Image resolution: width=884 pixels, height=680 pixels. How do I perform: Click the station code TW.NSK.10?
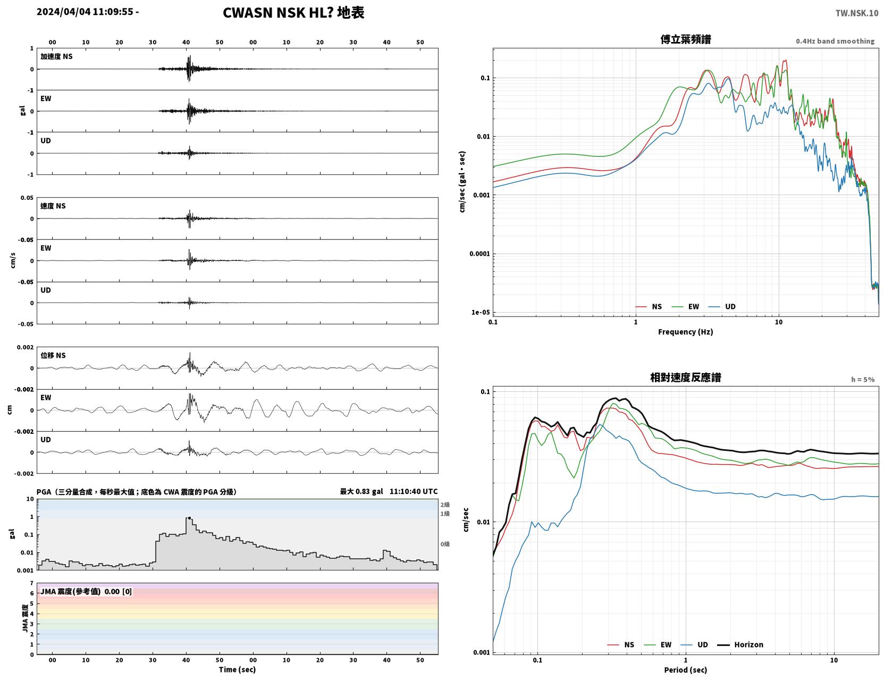(x=857, y=13)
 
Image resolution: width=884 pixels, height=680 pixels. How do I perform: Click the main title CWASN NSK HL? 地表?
(x=293, y=13)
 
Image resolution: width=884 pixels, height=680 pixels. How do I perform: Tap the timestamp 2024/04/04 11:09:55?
(x=85, y=11)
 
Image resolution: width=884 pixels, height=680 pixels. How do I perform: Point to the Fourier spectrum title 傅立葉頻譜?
(x=686, y=39)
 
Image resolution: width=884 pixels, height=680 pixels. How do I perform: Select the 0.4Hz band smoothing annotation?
(x=835, y=41)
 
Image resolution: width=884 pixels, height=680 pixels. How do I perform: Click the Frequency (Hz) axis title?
(x=686, y=332)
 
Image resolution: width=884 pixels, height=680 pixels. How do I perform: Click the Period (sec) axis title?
(x=686, y=670)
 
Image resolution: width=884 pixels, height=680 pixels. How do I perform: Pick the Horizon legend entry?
(x=740, y=644)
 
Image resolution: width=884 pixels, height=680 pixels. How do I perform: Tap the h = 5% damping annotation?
(x=863, y=380)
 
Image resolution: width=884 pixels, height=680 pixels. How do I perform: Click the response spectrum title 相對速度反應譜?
(x=686, y=377)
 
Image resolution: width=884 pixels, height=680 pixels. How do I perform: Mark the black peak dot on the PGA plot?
(x=189, y=518)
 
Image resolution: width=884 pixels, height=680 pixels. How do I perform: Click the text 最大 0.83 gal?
(x=361, y=491)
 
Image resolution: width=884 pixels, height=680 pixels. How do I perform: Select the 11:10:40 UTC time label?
(x=414, y=491)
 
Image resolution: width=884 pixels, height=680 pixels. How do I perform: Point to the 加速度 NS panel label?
(x=56, y=56)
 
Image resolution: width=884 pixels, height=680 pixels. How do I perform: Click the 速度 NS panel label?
(x=53, y=206)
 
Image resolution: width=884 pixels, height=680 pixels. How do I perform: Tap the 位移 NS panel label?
(x=53, y=355)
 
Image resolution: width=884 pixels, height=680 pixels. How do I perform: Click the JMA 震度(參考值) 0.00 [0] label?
(x=86, y=591)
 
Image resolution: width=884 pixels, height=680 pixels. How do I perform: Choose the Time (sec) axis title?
(x=237, y=669)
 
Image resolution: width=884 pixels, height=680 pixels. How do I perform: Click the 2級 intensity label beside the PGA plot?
(x=445, y=505)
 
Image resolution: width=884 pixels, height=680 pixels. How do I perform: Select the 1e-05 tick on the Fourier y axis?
(x=481, y=312)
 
